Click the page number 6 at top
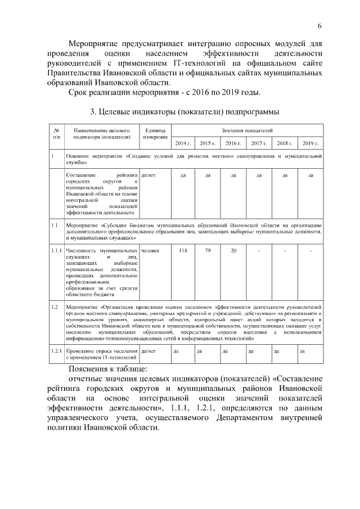(x=319, y=26)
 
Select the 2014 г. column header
(x=183, y=143)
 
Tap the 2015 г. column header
(x=208, y=143)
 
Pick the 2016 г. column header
(x=233, y=143)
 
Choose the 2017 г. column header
(x=259, y=143)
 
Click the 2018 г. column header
(x=285, y=143)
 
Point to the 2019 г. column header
(x=310, y=143)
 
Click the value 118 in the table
(x=183, y=250)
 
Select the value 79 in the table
(x=208, y=250)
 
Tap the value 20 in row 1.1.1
(x=233, y=250)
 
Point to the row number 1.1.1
(x=56, y=250)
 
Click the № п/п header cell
(x=56, y=133)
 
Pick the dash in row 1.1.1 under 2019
(x=310, y=250)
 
